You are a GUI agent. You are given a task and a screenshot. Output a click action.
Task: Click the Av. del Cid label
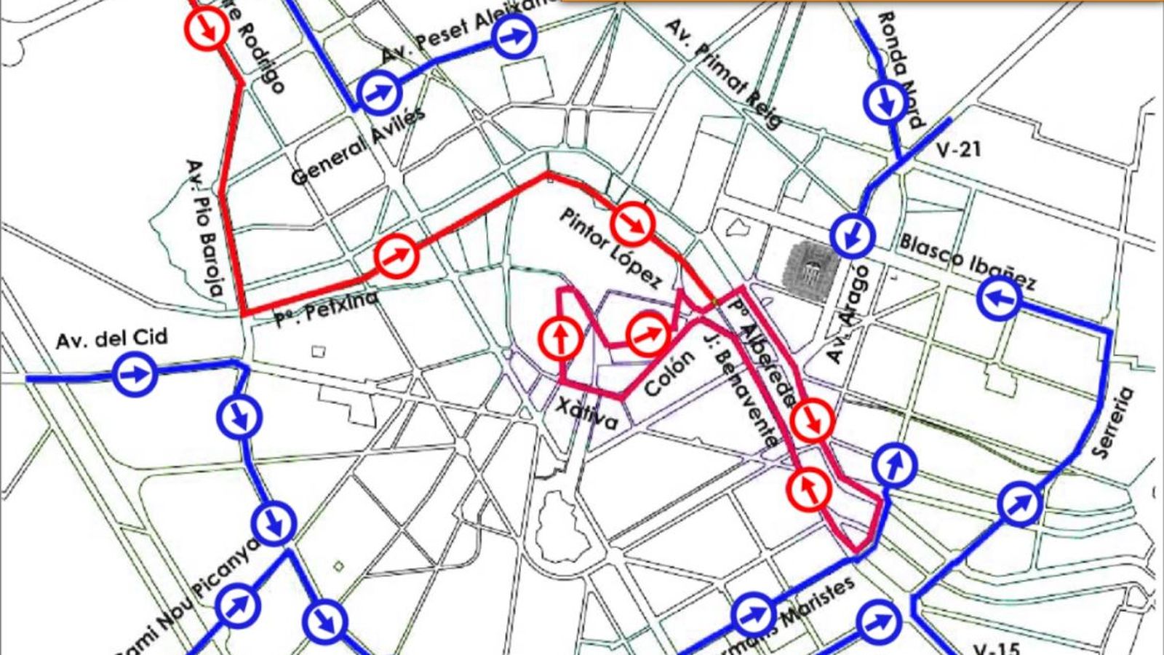[111, 338]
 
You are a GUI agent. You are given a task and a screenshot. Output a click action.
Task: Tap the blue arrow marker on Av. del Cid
[135, 374]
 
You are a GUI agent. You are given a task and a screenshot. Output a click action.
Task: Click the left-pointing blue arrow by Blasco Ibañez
[999, 297]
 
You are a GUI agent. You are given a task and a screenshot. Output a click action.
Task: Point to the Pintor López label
[610, 247]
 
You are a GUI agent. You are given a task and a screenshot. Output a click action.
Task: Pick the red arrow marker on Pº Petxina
[396, 255]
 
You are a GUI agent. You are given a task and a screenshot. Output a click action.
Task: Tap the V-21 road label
[959, 150]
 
